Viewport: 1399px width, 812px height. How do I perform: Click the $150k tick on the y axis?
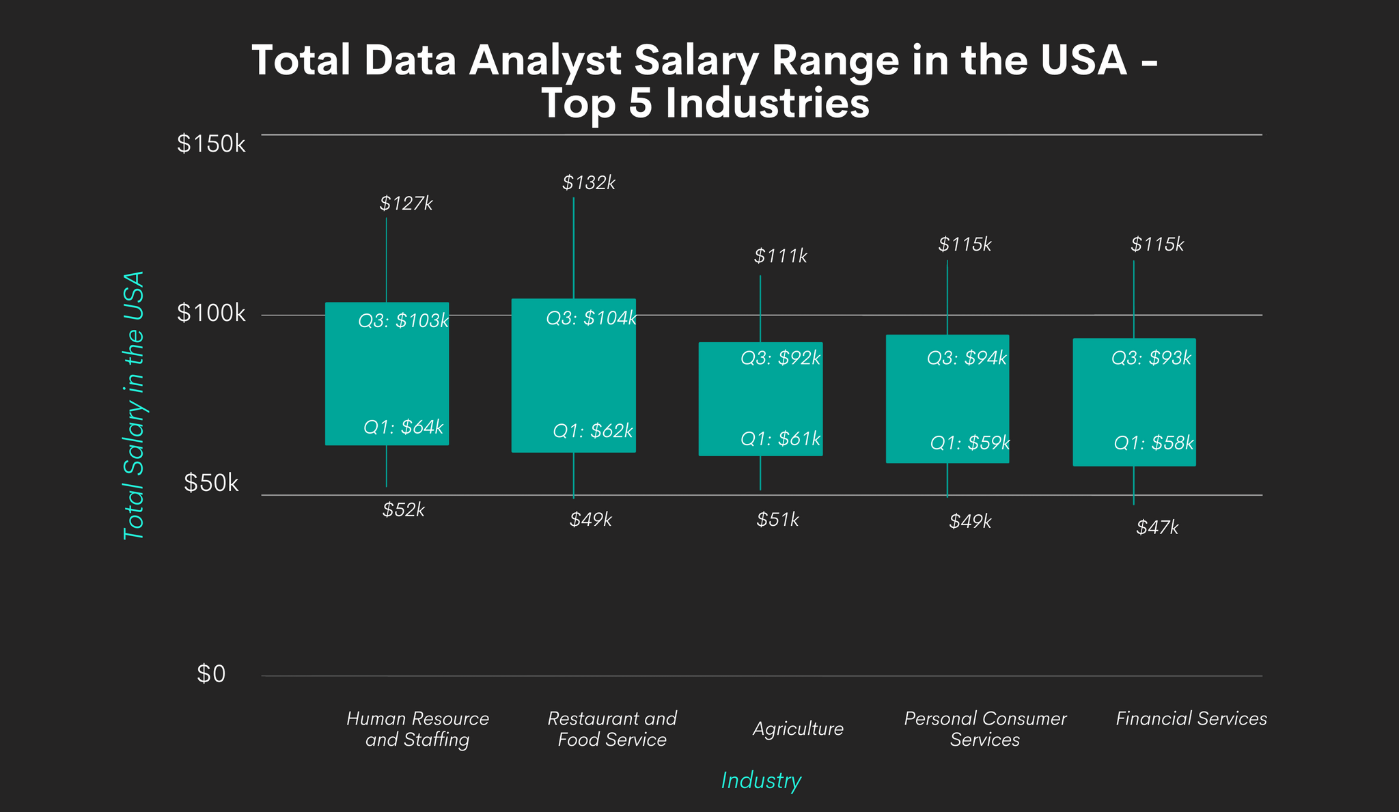click(x=211, y=144)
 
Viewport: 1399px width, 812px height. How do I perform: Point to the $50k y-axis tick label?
click(x=211, y=484)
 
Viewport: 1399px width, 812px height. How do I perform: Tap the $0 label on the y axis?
click(x=211, y=675)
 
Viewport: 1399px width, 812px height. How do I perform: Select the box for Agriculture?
click(x=760, y=399)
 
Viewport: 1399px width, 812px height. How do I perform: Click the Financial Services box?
click(x=1134, y=402)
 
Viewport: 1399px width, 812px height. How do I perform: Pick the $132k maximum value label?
click(x=589, y=183)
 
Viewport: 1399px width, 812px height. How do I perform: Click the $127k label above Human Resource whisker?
click(x=406, y=204)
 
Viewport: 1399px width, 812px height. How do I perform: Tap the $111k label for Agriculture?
click(x=781, y=257)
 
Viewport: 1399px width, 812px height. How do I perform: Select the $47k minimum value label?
click(x=1157, y=528)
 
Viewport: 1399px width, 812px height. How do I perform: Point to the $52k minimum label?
click(x=404, y=510)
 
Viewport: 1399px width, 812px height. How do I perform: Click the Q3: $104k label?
click(x=591, y=318)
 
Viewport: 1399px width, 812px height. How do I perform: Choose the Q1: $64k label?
click(x=403, y=428)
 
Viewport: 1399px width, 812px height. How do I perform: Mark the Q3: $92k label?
click(x=781, y=358)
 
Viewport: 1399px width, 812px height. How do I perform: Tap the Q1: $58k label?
click(x=1154, y=443)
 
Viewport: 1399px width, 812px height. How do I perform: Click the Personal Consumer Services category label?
click(x=984, y=729)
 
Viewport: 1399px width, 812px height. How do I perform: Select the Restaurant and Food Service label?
click(x=612, y=729)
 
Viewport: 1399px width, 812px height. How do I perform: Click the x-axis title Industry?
click(x=761, y=781)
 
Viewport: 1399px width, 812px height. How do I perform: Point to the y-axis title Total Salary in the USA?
click(x=134, y=406)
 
